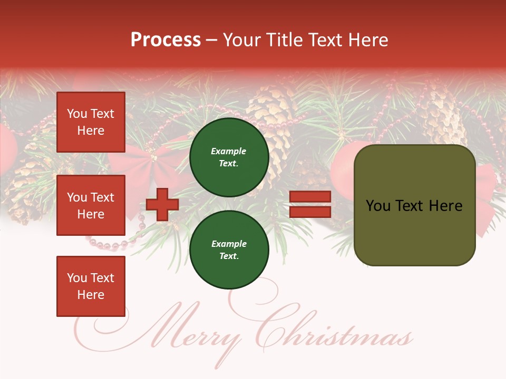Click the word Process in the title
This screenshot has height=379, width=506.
[166, 40]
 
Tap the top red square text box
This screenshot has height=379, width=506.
[91, 122]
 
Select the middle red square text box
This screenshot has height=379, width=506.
[91, 205]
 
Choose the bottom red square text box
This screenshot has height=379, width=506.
[91, 286]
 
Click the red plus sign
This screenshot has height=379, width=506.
[162, 205]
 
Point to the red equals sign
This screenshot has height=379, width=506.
[310, 205]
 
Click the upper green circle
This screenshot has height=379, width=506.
[229, 157]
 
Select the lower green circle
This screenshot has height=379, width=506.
[229, 250]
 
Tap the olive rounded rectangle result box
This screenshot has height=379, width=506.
[414, 205]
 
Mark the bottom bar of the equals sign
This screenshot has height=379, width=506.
[310, 212]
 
